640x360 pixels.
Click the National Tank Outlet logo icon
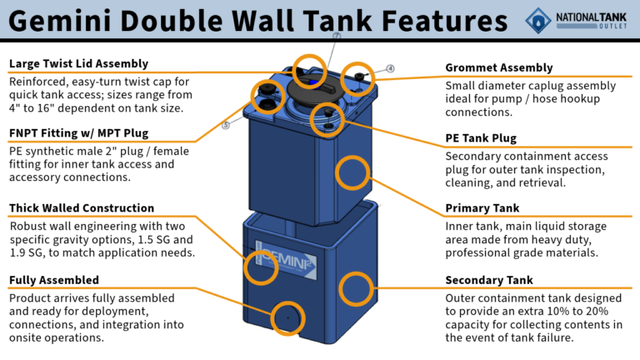pyautogui.click(x=538, y=19)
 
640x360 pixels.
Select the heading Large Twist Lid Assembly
pyautogui.click(x=78, y=63)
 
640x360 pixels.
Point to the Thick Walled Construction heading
pyautogui.click(x=82, y=207)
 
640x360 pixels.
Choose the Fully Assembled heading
pyautogui.click(x=54, y=280)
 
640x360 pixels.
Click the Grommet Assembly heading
pyautogui.click(x=499, y=67)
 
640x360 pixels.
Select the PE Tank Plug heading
pyautogui.click(x=481, y=138)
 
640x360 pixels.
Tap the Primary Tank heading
pyautogui.click(x=482, y=208)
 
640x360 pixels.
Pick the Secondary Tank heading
pyautogui.click(x=489, y=280)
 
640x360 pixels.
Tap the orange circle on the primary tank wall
pyautogui.click(x=352, y=171)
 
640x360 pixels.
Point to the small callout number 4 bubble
pyautogui.click(x=390, y=68)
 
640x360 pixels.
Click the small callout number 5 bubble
pyautogui.click(x=225, y=126)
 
